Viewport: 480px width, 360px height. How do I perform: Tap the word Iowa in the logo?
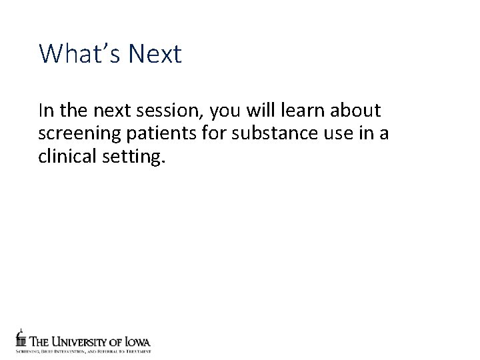(137, 342)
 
